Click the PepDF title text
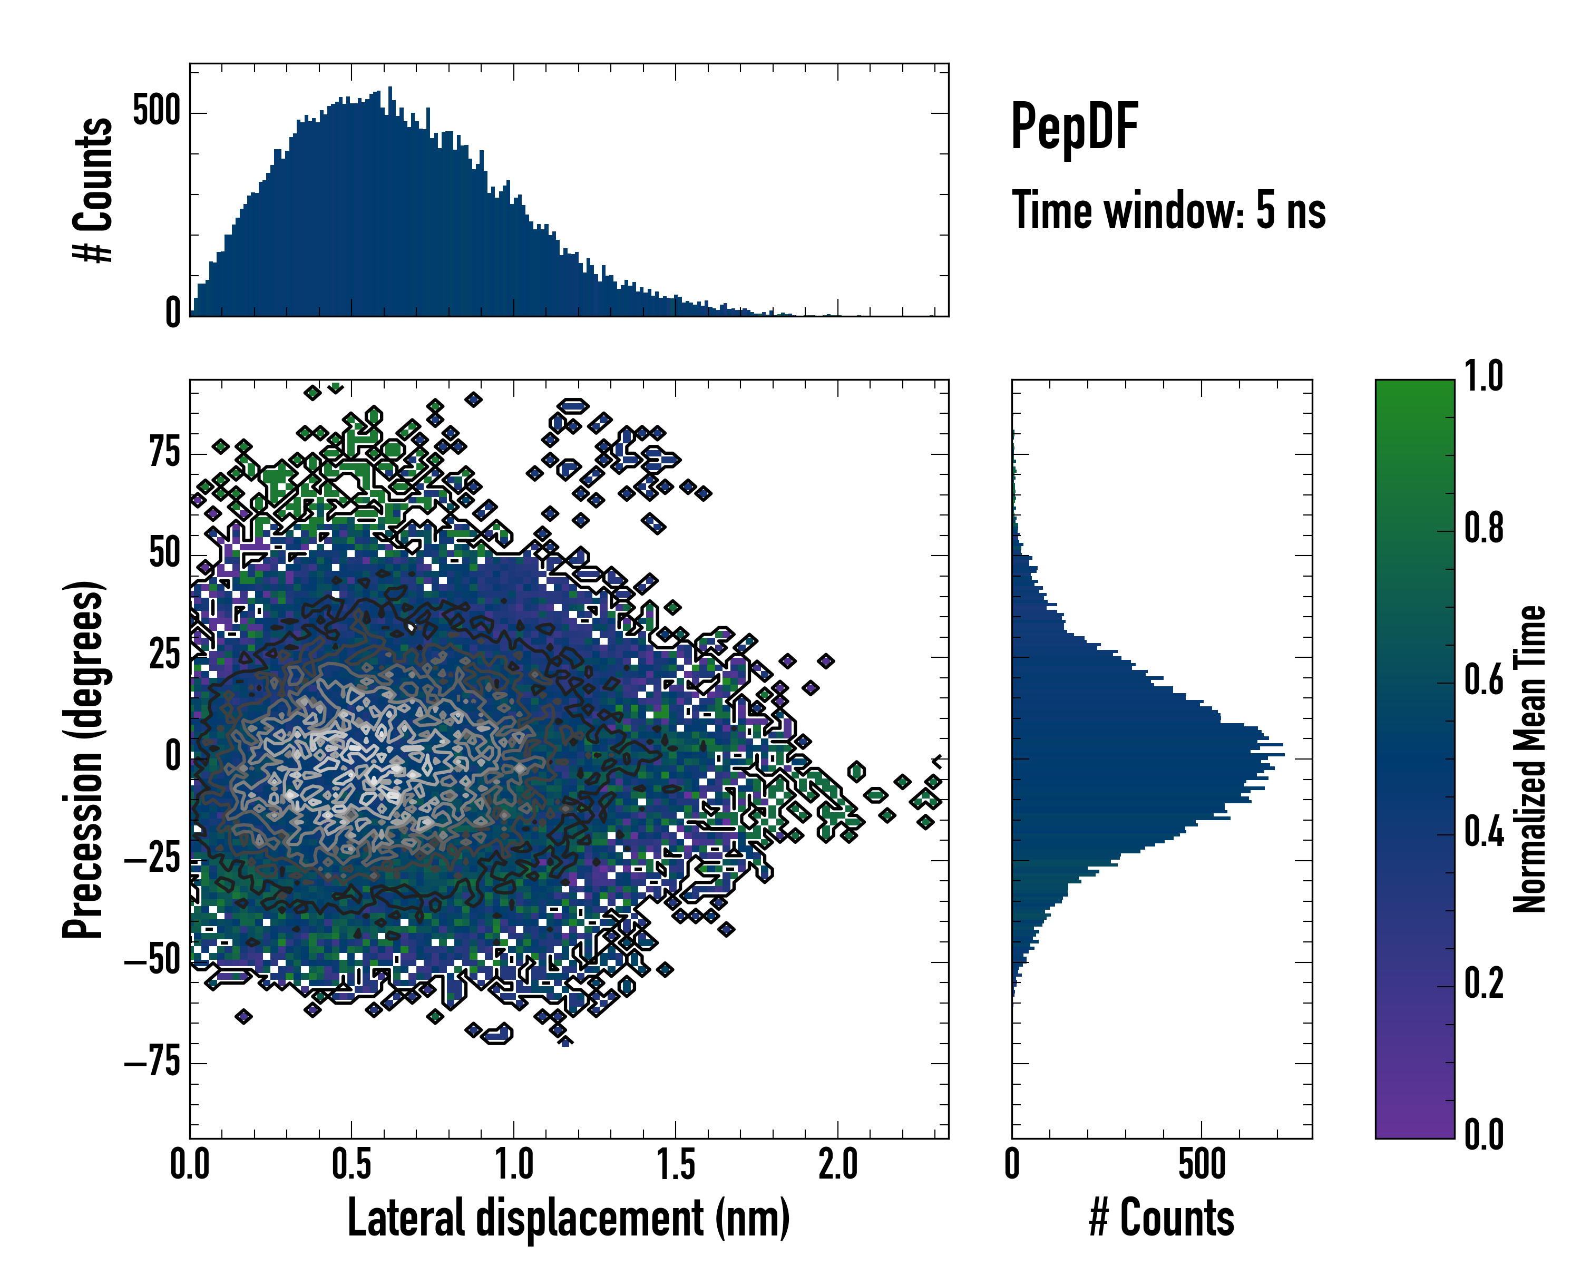click(1074, 127)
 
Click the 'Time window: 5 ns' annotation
click(1169, 210)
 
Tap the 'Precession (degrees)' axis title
click(83, 759)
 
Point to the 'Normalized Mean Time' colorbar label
click(1530, 759)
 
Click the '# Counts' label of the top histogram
click(93, 190)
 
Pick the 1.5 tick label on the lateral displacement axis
click(676, 1164)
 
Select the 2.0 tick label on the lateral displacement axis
click(837, 1164)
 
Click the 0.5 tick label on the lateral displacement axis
click(352, 1164)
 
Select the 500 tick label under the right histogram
click(1202, 1164)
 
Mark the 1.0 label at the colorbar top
click(1484, 377)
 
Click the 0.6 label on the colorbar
click(1484, 680)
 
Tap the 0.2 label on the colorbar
click(1484, 984)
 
